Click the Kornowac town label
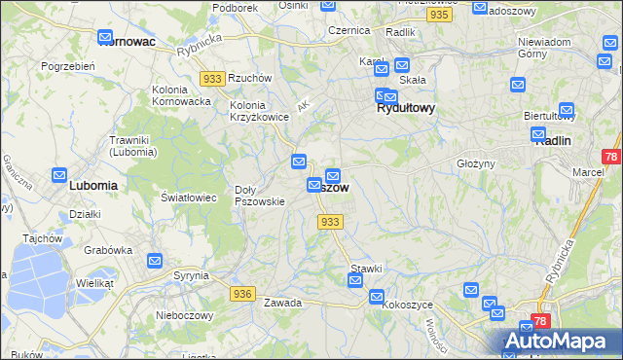tap(134, 42)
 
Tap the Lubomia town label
tap(93, 184)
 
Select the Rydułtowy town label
tap(405, 109)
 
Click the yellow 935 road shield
tap(440, 16)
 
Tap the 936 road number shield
tap(243, 293)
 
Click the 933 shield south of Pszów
tap(330, 222)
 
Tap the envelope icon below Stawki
tap(355, 281)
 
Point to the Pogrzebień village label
tap(67, 65)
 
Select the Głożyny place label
tap(476, 163)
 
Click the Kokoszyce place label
tap(408, 305)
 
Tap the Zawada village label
tap(282, 303)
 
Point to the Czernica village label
tap(348, 30)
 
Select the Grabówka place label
tap(107, 249)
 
